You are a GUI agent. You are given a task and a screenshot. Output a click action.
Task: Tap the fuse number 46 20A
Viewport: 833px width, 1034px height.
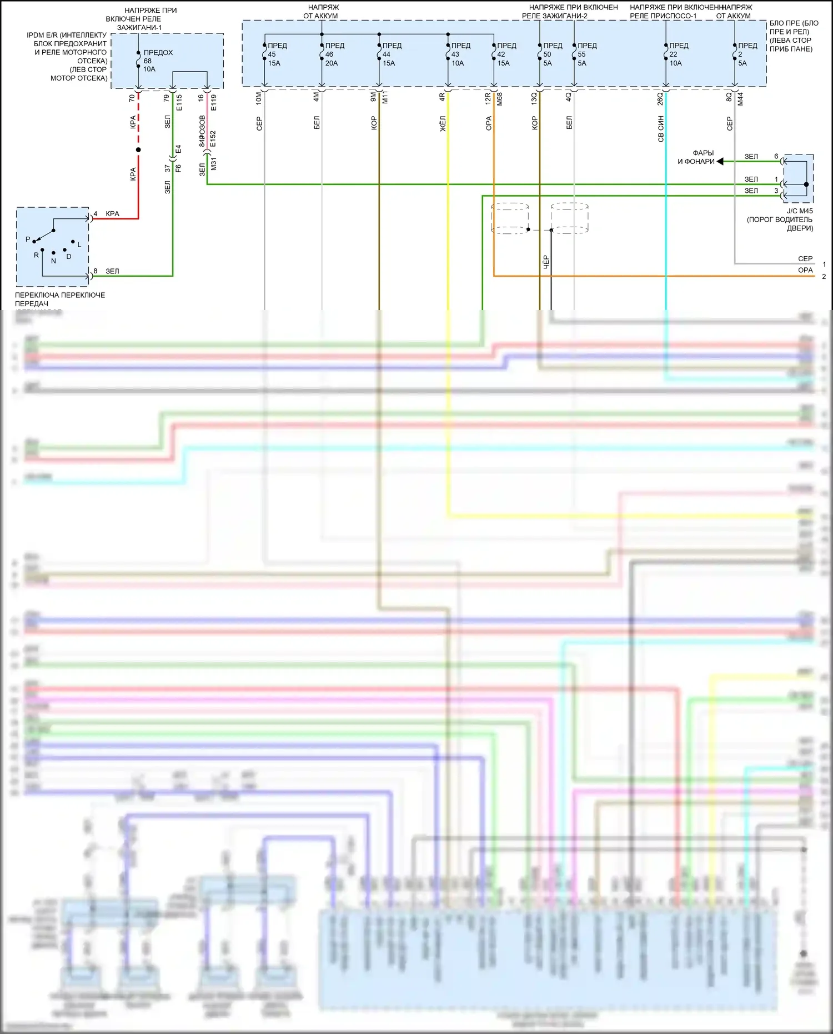(x=322, y=54)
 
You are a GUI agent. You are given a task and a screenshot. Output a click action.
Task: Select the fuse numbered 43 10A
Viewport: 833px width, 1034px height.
(x=448, y=54)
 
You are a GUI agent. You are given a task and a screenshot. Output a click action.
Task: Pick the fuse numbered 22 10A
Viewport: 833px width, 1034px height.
(x=666, y=54)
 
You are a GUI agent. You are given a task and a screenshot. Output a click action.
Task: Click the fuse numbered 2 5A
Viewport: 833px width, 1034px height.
(x=735, y=54)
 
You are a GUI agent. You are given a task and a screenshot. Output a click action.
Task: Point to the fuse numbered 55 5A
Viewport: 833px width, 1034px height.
(x=574, y=54)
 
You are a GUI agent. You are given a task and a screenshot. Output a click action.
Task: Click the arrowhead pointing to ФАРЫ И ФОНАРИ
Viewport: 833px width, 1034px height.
(x=720, y=162)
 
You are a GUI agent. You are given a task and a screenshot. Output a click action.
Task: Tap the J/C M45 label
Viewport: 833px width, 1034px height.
(x=800, y=211)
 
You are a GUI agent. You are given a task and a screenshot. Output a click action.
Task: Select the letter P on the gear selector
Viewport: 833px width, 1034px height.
(x=28, y=239)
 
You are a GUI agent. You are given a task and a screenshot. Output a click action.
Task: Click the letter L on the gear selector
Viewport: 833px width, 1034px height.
(x=79, y=245)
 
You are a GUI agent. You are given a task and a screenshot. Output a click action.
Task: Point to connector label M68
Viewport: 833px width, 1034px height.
(x=500, y=99)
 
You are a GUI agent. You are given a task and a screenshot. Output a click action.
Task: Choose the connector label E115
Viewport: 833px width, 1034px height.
(x=179, y=102)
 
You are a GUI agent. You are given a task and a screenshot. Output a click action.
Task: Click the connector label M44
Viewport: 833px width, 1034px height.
(x=740, y=99)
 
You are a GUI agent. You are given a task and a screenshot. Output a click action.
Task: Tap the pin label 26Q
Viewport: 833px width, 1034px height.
(x=660, y=98)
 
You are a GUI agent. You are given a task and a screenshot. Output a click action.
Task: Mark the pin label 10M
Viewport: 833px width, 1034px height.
(x=259, y=98)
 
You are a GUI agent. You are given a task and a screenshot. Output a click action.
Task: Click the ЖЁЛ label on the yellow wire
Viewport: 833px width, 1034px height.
(x=443, y=123)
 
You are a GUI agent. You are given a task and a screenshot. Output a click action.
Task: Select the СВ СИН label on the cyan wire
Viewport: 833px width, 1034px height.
(x=661, y=129)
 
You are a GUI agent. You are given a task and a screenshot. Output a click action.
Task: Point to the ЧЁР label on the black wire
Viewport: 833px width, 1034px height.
(x=546, y=263)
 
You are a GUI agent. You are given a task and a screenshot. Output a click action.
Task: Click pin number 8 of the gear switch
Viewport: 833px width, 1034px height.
(x=96, y=271)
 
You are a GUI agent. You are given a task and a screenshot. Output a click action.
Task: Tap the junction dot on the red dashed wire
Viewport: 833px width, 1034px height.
(x=138, y=150)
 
